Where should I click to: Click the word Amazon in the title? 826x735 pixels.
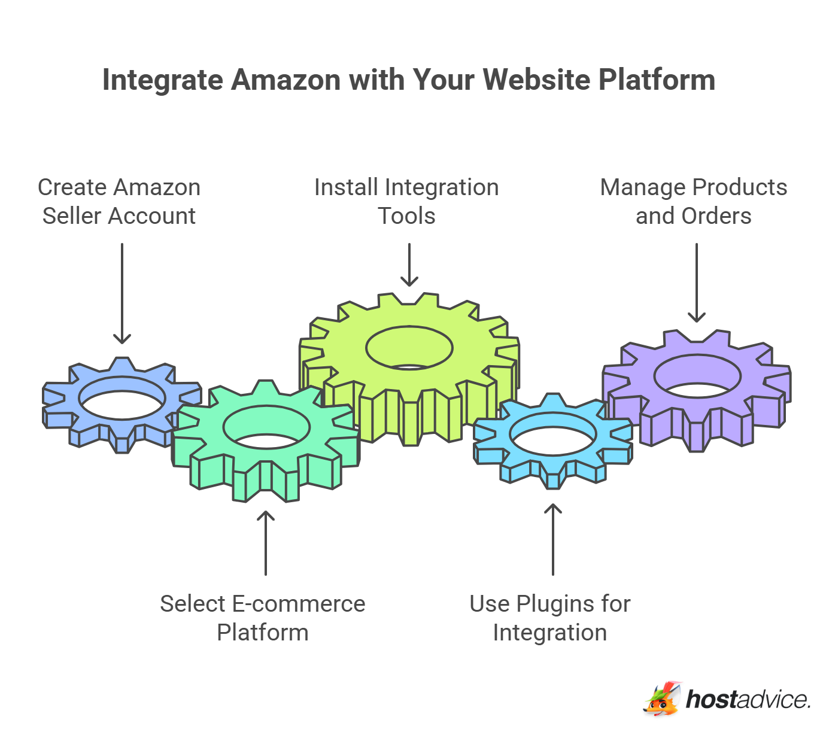286,80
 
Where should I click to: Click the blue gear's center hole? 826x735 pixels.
122,398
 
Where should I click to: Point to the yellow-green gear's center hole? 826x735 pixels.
409,348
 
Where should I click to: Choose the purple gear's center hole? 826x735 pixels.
697,376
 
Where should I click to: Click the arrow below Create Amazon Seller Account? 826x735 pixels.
122,293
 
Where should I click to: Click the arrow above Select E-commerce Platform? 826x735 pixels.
266,542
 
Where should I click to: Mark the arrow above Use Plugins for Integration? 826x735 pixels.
553,539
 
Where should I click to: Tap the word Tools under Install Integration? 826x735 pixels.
406,216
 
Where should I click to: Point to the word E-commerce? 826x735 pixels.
298,604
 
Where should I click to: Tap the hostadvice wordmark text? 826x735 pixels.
748,699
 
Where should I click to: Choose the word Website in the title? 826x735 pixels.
536,80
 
